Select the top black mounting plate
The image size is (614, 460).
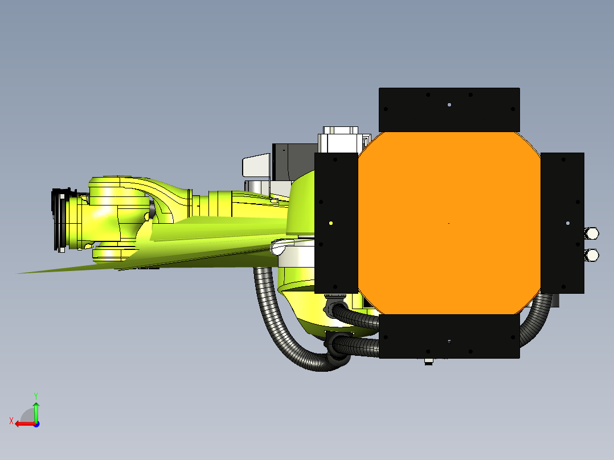coord(449,109)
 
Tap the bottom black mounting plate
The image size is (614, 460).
coord(449,336)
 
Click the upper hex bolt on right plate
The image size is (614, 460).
coord(591,233)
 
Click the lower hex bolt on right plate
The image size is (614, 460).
coord(591,254)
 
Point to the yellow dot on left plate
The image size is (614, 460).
coord(331,224)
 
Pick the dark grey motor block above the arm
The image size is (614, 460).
coord(285,161)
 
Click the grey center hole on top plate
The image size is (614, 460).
coord(449,105)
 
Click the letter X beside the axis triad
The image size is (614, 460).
coord(11,421)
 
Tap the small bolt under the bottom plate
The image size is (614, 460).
coord(429,362)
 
